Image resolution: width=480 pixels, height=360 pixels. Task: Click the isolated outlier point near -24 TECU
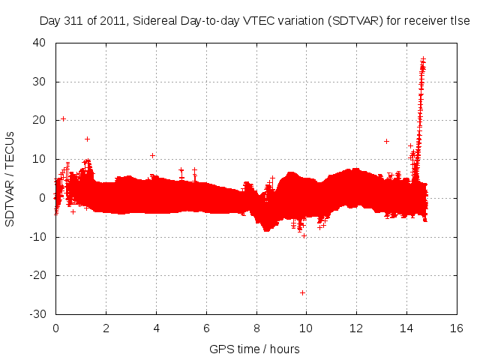pos(302,292)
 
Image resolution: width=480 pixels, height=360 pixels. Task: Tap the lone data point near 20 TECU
pos(63,118)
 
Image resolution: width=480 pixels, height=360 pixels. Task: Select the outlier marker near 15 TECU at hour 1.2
pos(87,139)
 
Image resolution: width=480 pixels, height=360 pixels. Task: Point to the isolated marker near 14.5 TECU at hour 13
pos(386,141)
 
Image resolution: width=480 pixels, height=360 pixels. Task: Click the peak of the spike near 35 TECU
pos(423,58)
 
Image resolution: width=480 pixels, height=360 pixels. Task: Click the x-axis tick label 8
pos(256,328)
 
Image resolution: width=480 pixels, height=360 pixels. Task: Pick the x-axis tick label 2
pos(106,328)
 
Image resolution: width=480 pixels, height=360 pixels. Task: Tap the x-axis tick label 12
pos(356,328)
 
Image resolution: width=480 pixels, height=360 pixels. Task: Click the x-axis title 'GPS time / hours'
pos(254,349)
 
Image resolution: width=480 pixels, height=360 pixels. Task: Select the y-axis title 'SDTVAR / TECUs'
pos(10,178)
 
